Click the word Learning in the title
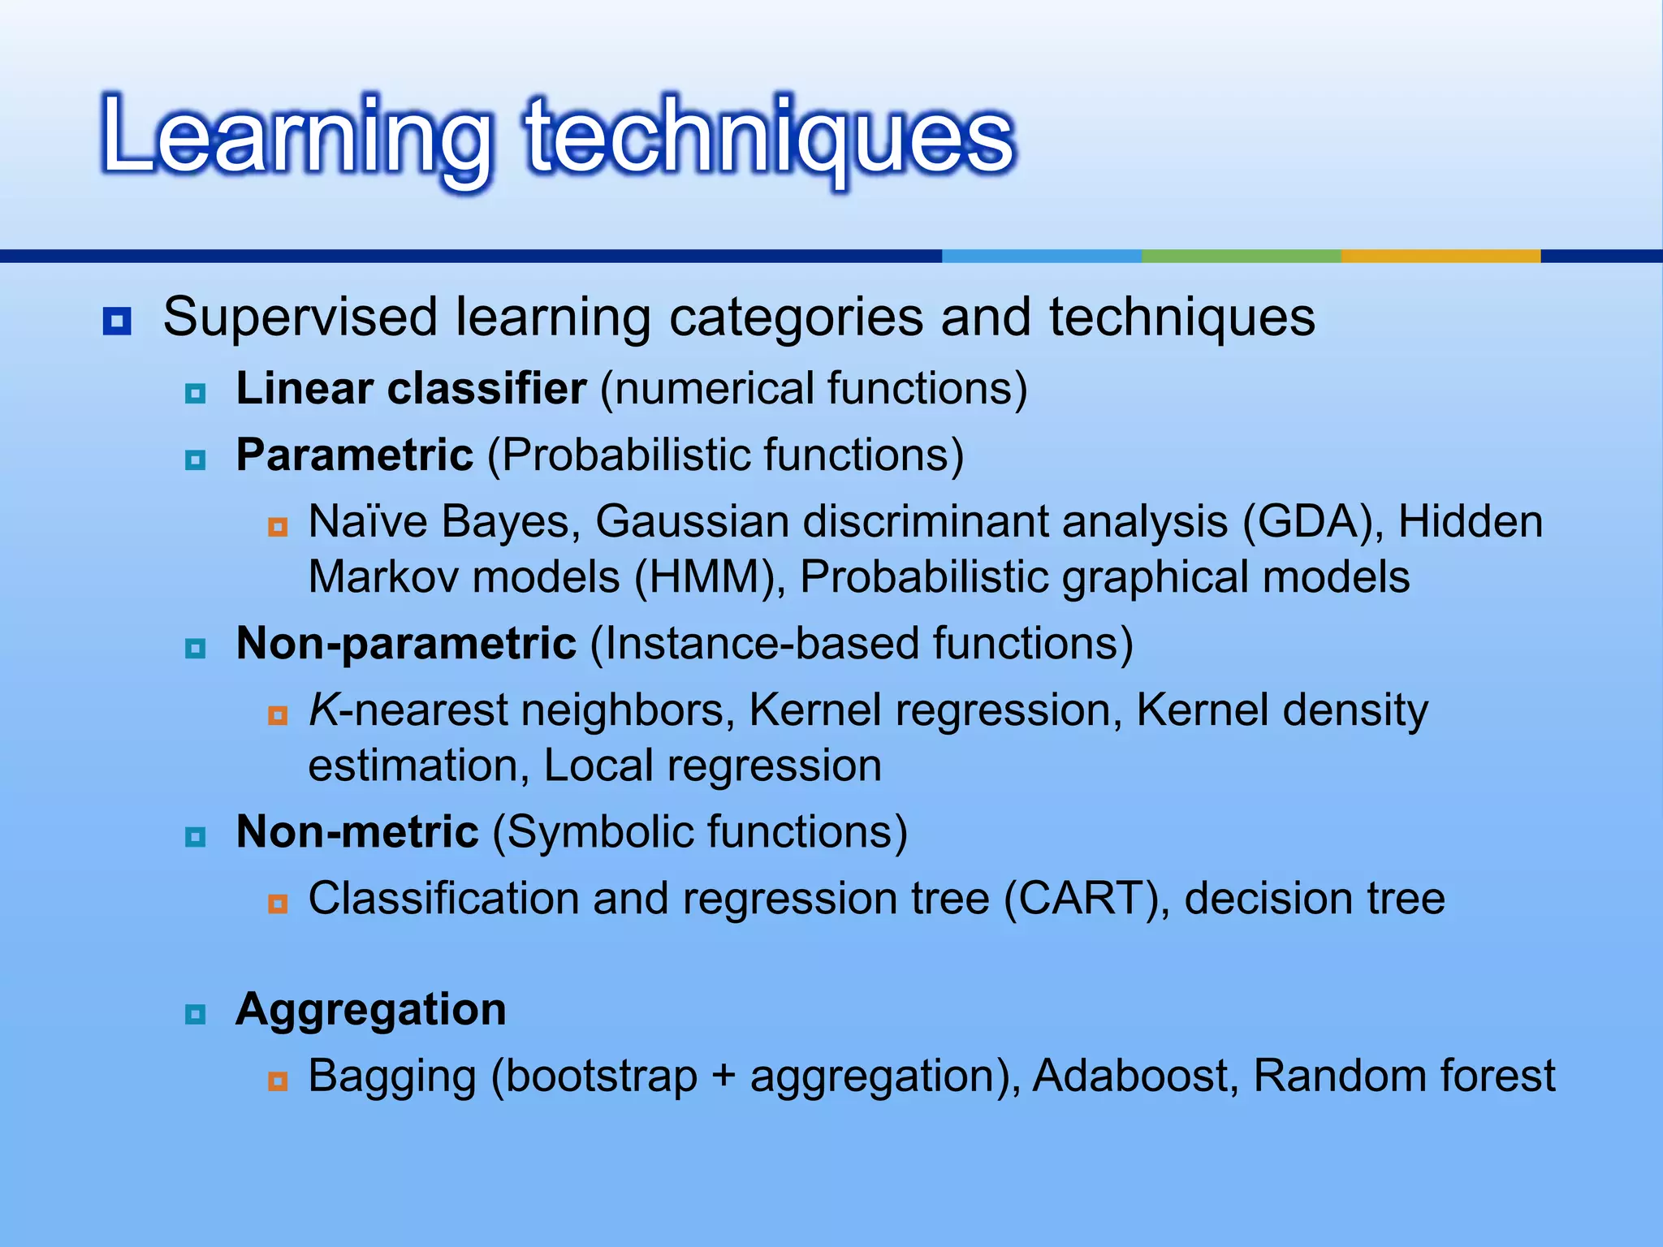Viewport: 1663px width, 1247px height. pyautogui.click(x=296, y=136)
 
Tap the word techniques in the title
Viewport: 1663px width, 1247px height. pyautogui.click(x=770, y=136)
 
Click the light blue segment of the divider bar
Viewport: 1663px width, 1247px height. pyautogui.click(x=1041, y=256)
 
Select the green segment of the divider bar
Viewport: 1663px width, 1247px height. pyautogui.click(x=1241, y=256)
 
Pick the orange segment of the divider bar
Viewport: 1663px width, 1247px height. pyautogui.click(x=1440, y=256)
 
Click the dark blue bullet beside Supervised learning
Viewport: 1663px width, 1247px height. pyautogui.click(x=117, y=321)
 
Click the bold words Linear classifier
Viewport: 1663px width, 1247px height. pyautogui.click(x=411, y=389)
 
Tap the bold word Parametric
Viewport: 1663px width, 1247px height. pyautogui.click(x=354, y=455)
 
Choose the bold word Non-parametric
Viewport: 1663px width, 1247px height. pyautogui.click(x=406, y=644)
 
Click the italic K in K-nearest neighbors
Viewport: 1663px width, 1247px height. pyautogui.click(x=323, y=710)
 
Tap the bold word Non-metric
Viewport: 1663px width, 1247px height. pyautogui.click(x=357, y=833)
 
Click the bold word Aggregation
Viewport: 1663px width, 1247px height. pyautogui.click(x=370, y=1010)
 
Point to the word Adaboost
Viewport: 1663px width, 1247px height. pyautogui.click(x=1135, y=1077)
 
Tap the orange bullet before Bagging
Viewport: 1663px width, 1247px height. pyautogui.click(x=278, y=1081)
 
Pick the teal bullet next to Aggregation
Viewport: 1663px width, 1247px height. pyautogui.click(x=196, y=1015)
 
